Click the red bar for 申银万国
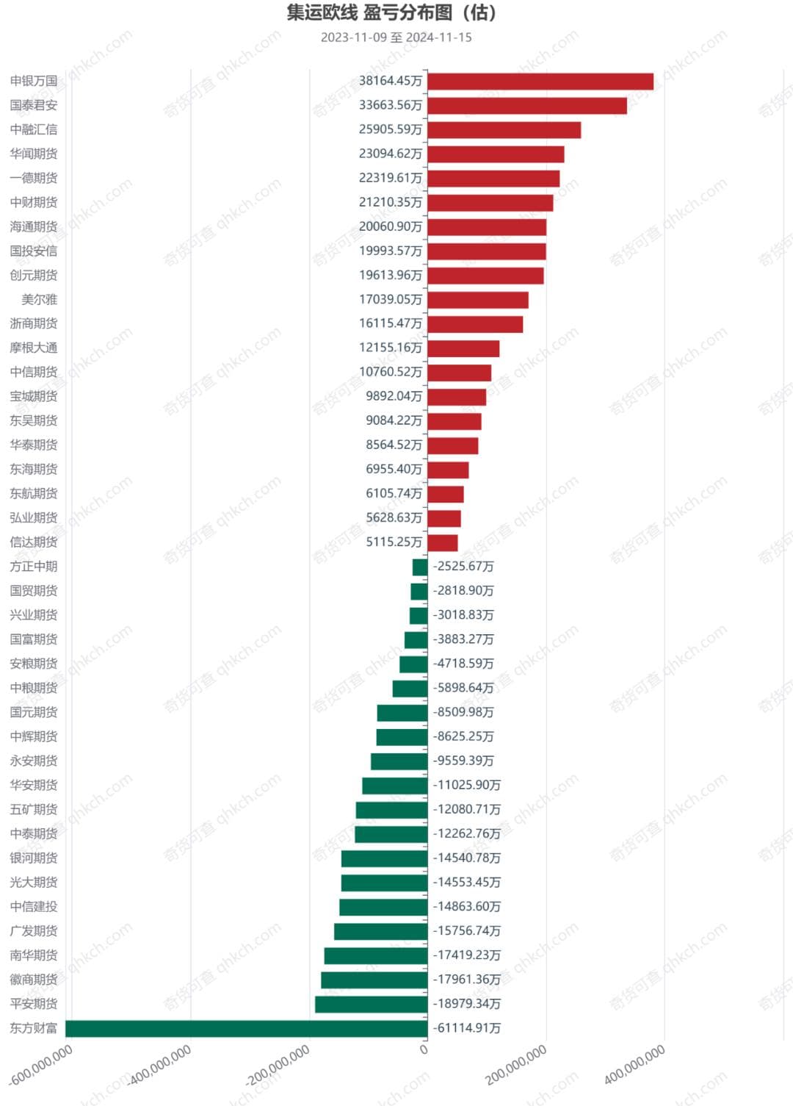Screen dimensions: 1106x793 (540, 82)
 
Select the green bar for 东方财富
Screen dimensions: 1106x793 (246, 1028)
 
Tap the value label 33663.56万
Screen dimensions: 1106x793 (390, 105)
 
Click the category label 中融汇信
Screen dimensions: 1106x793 (34, 129)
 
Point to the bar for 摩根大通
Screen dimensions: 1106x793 (463, 348)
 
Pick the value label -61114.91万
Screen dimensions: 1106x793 (467, 1028)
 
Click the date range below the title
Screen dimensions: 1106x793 (396, 37)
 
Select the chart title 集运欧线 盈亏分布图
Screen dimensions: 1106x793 (391, 13)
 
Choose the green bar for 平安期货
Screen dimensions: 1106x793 (371, 1004)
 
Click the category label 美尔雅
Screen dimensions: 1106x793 (40, 300)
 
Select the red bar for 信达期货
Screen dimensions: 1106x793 (443, 542)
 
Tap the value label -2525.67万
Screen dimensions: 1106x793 (463, 567)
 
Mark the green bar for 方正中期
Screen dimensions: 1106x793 (420, 567)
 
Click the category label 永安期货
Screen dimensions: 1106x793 (34, 761)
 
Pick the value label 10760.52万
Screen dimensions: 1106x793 (390, 372)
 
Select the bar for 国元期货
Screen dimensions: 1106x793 (402, 713)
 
